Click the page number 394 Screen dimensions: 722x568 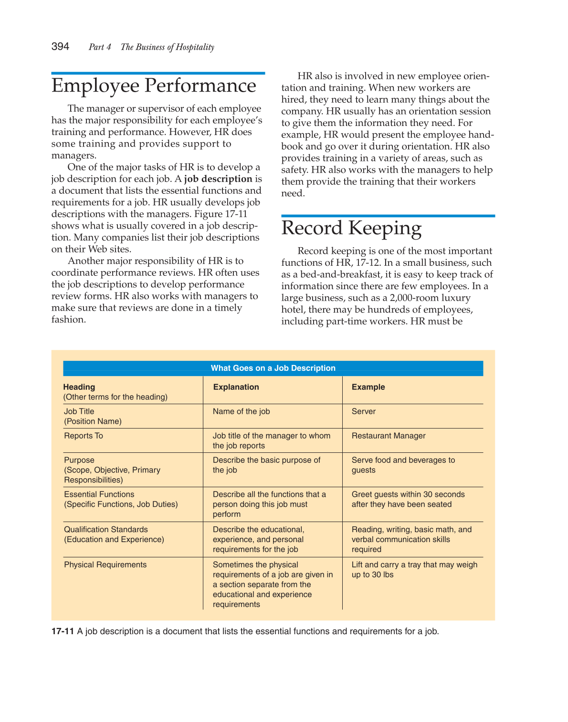pos(60,46)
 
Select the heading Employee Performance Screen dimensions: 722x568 pos(154,86)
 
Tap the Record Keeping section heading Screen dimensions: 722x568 pos(351,228)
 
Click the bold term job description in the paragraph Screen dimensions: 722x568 pos(218,179)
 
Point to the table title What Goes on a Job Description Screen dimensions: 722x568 pos(273,368)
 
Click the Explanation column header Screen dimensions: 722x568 pos(236,387)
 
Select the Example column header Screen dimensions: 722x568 pos(368,387)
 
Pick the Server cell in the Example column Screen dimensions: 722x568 pos(364,411)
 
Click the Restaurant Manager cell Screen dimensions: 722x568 pos(389,436)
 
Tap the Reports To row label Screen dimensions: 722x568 pos(84,436)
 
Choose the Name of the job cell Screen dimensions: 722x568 pos(241,411)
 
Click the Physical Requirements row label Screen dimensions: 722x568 pos(105,565)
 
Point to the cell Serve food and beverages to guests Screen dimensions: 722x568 pos(403,465)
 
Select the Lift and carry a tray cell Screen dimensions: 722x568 pos(414,569)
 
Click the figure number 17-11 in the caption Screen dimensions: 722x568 pos(63,631)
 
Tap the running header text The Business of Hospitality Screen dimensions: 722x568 pos(167,47)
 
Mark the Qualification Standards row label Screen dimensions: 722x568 pos(106,530)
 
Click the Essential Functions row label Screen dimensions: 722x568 pos(99,494)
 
